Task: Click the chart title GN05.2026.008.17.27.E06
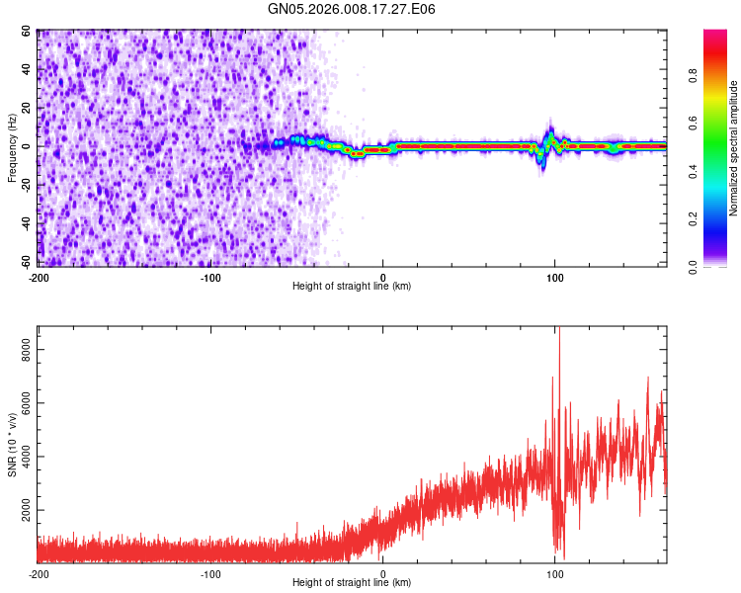(x=352, y=9)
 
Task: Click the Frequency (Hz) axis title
(x=12, y=147)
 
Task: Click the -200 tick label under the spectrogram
(x=39, y=276)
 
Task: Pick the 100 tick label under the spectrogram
(x=555, y=276)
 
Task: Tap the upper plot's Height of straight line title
(x=352, y=286)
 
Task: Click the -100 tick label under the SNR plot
(x=210, y=574)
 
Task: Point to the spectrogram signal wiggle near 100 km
(x=547, y=143)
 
